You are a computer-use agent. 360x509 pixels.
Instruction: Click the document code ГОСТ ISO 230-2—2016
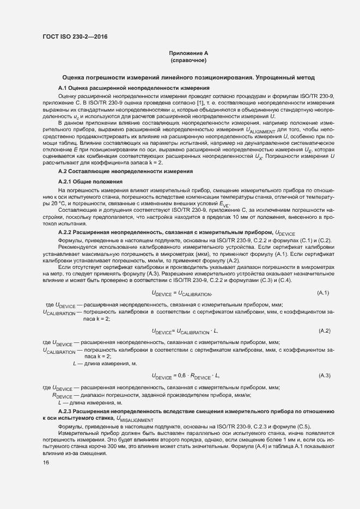tap(75, 36)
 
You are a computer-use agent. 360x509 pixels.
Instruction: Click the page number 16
tap(46, 463)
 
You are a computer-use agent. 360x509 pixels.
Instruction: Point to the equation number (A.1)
tap(324, 293)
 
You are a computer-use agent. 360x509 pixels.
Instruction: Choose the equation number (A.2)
tap(324, 330)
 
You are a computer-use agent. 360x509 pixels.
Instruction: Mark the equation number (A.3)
tap(324, 376)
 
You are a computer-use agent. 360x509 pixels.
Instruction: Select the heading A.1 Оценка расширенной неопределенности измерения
tap(134, 88)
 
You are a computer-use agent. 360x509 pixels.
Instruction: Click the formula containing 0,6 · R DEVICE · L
tap(185, 376)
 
